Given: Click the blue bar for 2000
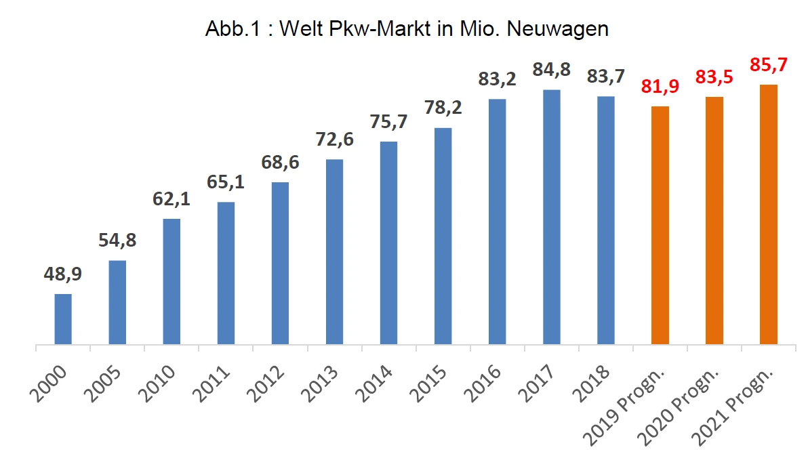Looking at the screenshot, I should point(63,319).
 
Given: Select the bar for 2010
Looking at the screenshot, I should point(171,282).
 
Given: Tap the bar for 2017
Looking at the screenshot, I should point(551,217).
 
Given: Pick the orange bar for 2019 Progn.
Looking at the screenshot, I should point(660,226).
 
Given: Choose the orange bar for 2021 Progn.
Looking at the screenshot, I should point(768,215).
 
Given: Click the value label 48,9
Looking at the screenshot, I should point(63,275).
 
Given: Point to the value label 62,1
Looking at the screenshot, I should point(171,201).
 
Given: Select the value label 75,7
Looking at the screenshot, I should point(388,123).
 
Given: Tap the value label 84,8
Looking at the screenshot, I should point(551,70).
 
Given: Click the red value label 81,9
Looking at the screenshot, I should point(660,88).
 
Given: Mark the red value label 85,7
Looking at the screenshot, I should point(768,66).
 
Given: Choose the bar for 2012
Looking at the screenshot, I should point(280,264).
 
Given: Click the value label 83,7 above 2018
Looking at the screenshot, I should point(605,77).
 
